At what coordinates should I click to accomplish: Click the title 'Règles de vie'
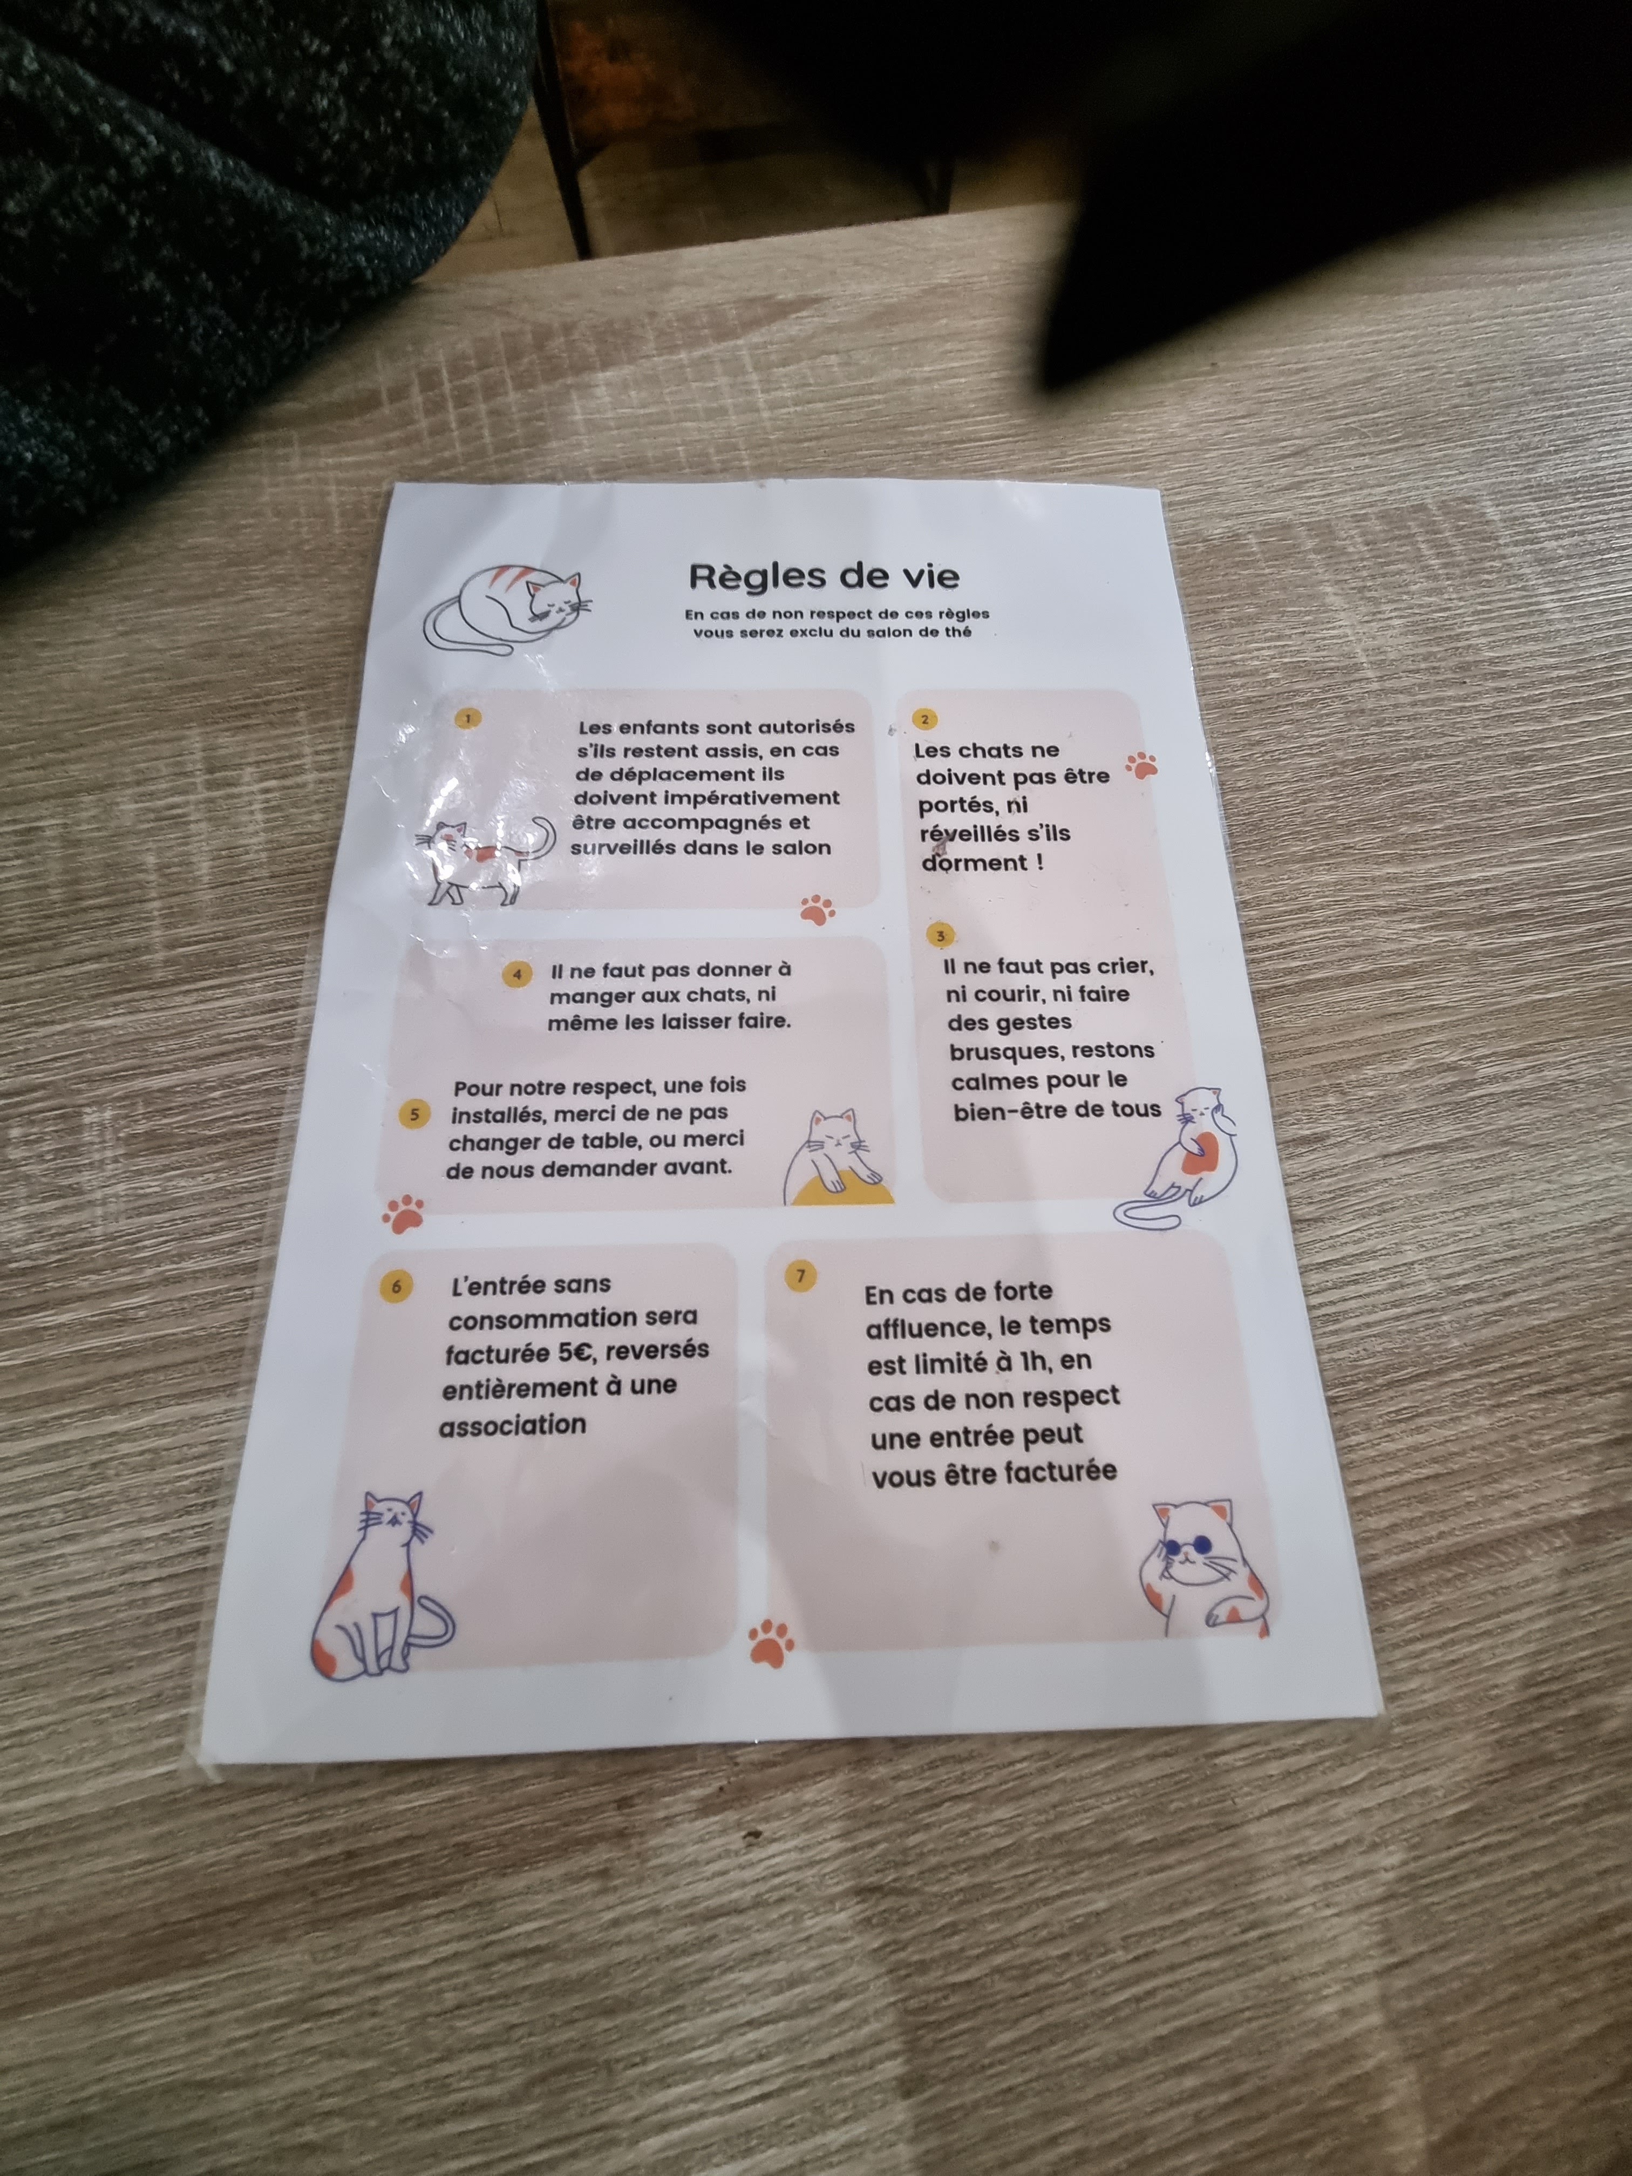[x=824, y=575]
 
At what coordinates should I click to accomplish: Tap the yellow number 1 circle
[x=468, y=718]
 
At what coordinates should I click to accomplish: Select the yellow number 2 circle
[x=924, y=719]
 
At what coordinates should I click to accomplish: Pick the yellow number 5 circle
[x=414, y=1113]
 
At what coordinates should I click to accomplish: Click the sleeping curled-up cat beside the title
[x=507, y=610]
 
